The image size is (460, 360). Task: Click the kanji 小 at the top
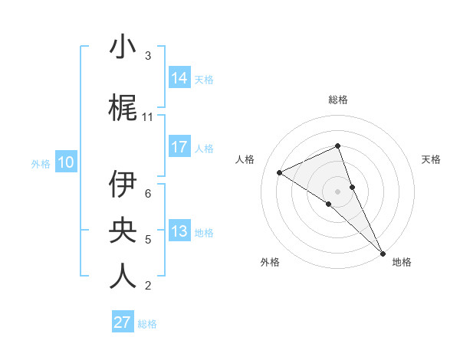click(123, 47)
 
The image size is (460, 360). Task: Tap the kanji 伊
click(123, 185)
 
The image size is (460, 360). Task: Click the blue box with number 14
click(179, 78)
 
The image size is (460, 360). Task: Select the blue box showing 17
click(179, 147)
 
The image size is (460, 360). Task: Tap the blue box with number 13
click(179, 232)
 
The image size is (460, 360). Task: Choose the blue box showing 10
click(66, 162)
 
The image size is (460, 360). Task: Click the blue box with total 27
click(123, 322)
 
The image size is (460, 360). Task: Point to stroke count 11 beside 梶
click(148, 117)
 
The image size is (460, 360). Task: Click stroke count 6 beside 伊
click(148, 194)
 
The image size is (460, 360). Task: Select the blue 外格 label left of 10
click(40, 163)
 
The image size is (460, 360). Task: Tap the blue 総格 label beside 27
click(147, 324)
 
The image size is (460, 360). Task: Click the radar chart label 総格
click(338, 100)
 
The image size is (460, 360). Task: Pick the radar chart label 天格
click(432, 159)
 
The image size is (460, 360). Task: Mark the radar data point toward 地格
click(383, 252)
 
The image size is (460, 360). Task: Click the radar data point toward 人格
click(279, 172)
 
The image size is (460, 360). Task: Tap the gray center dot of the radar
click(338, 191)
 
